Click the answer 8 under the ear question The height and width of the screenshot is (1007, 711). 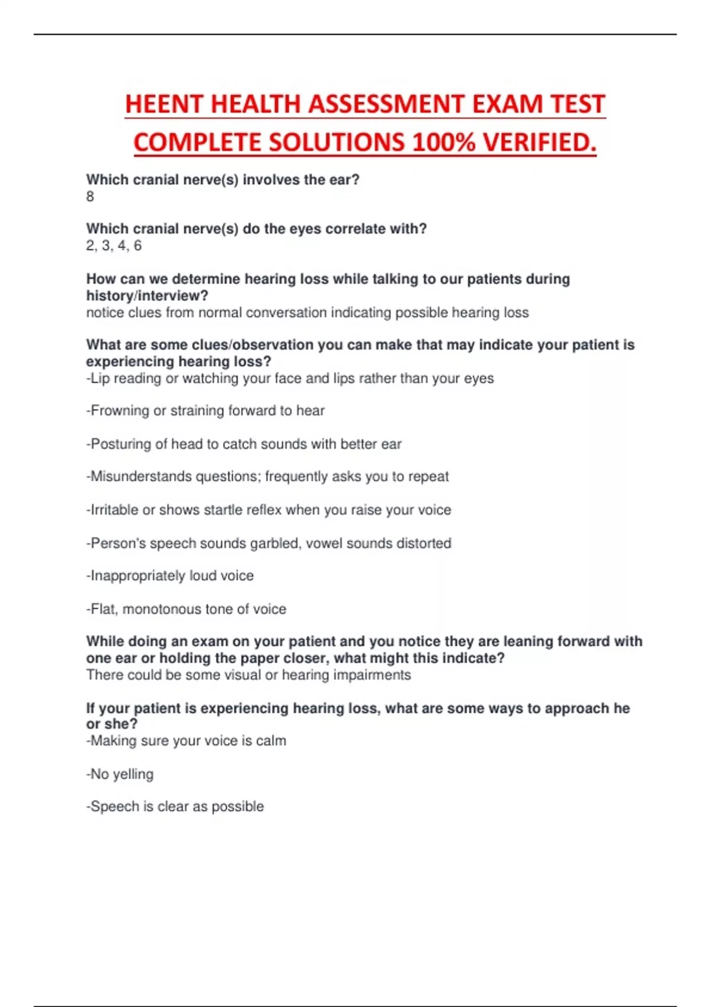[x=90, y=197]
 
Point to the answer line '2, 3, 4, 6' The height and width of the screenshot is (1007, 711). [x=114, y=246]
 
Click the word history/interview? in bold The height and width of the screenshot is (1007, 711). [x=147, y=296]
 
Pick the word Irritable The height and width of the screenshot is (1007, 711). [x=114, y=510]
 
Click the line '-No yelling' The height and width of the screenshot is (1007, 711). [x=120, y=774]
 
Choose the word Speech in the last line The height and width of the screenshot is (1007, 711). [x=114, y=807]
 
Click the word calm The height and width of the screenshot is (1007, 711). [x=271, y=740]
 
